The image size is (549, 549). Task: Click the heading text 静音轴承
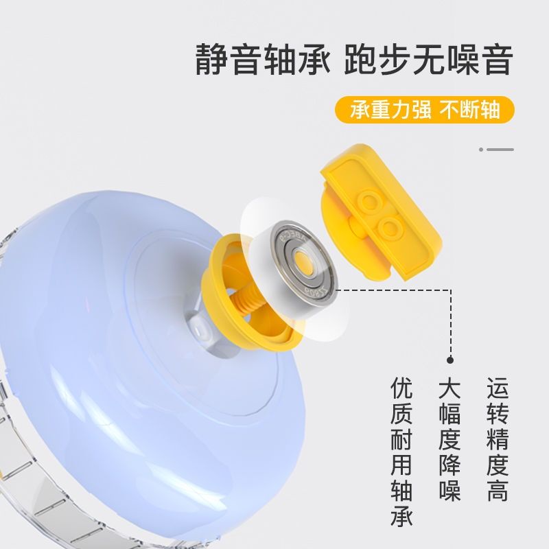coord(263,58)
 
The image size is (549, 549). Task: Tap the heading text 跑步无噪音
coord(428,58)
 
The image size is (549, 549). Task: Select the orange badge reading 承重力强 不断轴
coord(425,110)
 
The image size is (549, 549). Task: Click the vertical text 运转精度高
coord(498,439)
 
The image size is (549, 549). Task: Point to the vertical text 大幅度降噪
coord(449,439)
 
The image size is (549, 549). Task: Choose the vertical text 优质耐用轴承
coord(401,452)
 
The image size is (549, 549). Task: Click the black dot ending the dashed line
coord(450,360)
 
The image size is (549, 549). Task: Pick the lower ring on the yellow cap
coord(389,227)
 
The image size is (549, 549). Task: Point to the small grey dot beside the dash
coord(481,150)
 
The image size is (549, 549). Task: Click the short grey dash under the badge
coord(500,150)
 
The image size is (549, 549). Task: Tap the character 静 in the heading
coord(211,58)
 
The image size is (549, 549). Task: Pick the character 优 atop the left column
coord(401,388)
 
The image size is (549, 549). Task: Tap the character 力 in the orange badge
coord(400,110)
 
